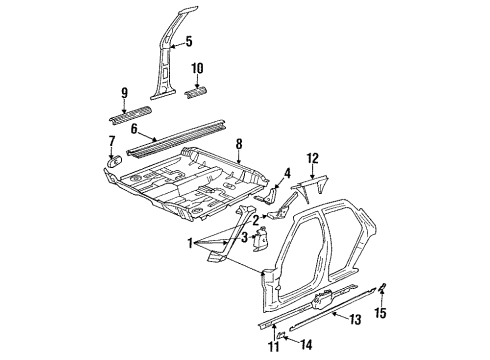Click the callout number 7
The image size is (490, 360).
(x=111, y=141)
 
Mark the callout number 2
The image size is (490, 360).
(x=256, y=220)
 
